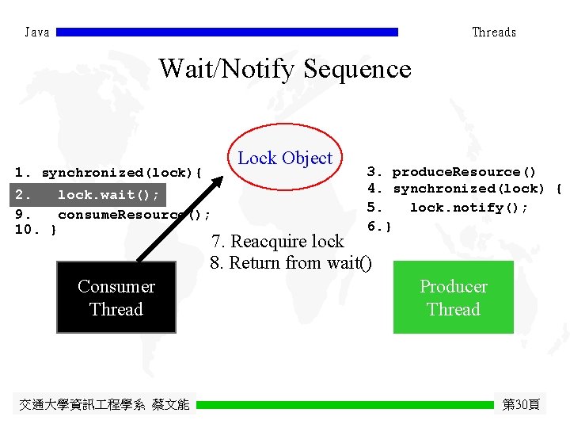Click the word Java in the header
click(37, 32)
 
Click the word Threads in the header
click(494, 32)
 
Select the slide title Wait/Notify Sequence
click(285, 69)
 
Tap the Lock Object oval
click(285, 158)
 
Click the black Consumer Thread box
click(116, 298)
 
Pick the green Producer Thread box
click(454, 297)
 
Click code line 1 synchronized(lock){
click(109, 172)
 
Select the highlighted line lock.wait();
click(88, 194)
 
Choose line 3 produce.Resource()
click(451, 171)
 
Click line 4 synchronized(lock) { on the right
click(465, 189)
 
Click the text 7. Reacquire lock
click(277, 241)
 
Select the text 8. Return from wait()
click(291, 262)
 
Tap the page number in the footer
click(522, 404)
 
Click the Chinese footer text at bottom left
click(104, 404)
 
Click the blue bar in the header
click(227, 32)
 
